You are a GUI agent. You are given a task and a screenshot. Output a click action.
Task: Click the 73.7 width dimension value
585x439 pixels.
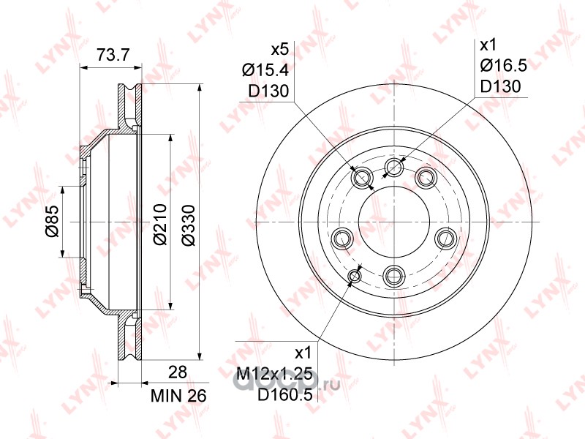coord(113,55)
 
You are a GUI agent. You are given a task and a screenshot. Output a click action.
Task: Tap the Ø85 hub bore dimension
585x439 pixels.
coord(52,221)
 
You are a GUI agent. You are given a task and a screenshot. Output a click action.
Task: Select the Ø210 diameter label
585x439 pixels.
coord(160,224)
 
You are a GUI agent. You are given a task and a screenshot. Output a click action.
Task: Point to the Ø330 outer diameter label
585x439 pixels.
coord(189,225)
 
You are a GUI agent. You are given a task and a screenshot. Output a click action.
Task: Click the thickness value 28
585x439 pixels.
coord(177,372)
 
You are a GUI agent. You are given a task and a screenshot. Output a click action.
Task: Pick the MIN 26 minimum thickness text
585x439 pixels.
coord(178,396)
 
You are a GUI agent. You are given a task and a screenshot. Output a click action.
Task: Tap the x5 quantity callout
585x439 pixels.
coord(279,49)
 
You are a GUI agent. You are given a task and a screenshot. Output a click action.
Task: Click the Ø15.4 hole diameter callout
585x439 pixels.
coord(265,70)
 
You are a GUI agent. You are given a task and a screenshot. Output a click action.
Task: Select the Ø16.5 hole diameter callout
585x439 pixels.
coord(503,66)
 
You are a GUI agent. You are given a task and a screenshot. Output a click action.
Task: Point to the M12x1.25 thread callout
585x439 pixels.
coord(275,374)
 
